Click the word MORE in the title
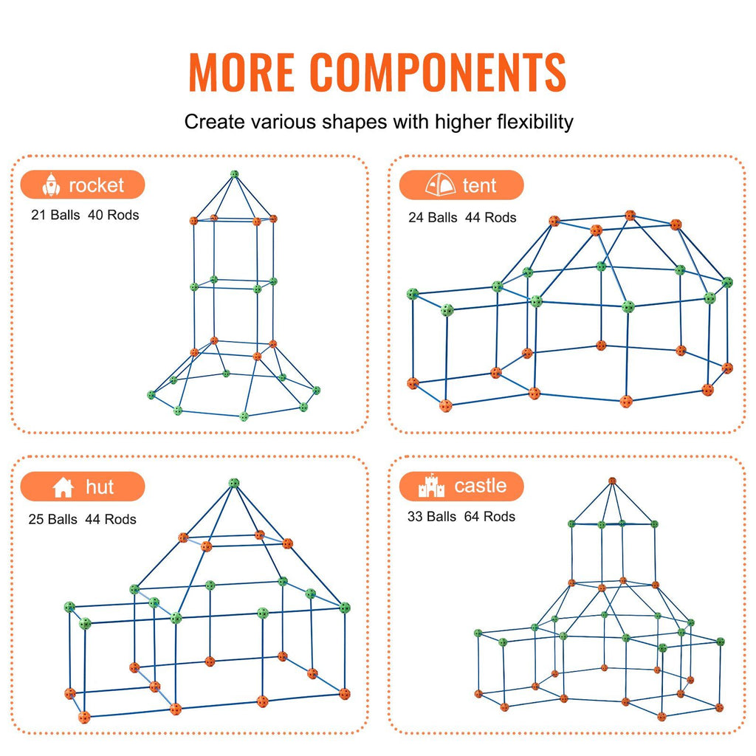click(x=242, y=72)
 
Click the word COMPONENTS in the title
click(x=438, y=72)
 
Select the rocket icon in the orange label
click(x=51, y=185)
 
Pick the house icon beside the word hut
click(x=63, y=487)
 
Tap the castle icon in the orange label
click(x=431, y=487)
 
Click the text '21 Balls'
click(x=55, y=216)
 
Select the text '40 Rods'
click(x=114, y=216)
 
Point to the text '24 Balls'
click(x=433, y=218)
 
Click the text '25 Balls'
click(x=53, y=520)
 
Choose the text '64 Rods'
click(x=489, y=517)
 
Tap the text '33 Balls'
click(x=432, y=517)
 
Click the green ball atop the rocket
click(x=235, y=175)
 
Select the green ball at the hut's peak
click(x=234, y=484)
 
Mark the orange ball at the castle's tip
click(x=612, y=481)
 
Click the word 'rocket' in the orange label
click(x=96, y=185)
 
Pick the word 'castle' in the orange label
click(x=481, y=486)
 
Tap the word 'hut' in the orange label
click(x=100, y=487)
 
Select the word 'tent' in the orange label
click(x=480, y=185)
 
